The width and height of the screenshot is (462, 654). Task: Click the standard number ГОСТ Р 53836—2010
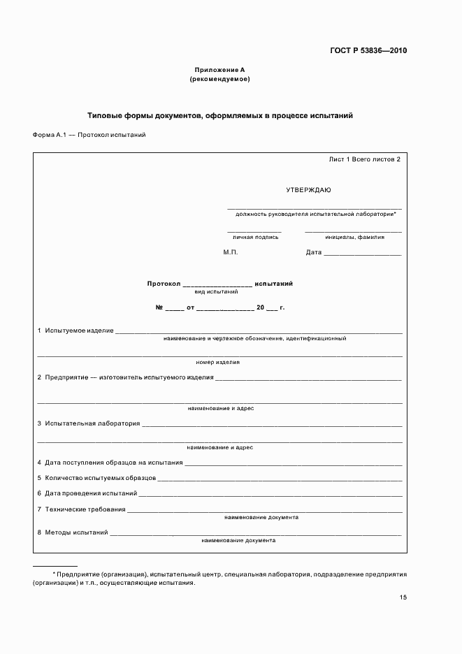(x=368, y=51)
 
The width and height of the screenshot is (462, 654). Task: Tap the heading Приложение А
(x=219, y=70)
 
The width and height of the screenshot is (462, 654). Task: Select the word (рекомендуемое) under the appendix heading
(x=219, y=79)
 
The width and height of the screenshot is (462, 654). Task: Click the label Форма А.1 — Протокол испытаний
(x=89, y=135)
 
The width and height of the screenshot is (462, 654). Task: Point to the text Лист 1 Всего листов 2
(x=364, y=159)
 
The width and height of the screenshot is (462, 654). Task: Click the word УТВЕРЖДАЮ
(x=308, y=190)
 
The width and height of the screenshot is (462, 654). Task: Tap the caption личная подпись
(x=254, y=237)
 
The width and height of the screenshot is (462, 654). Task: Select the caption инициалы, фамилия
(x=354, y=237)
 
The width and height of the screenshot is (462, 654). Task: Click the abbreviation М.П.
(x=231, y=252)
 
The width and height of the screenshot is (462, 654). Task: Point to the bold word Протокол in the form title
(x=164, y=284)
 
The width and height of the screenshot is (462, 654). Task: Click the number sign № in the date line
(x=159, y=307)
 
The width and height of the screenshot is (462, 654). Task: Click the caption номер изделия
(x=218, y=363)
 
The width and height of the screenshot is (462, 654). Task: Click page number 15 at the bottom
(x=403, y=597)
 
